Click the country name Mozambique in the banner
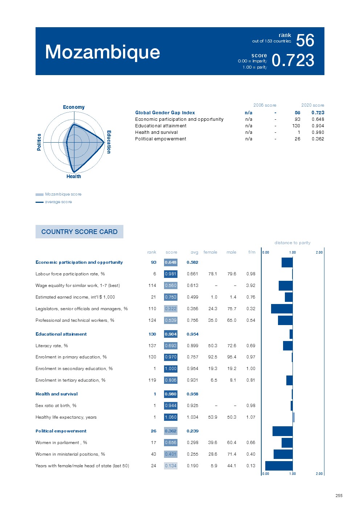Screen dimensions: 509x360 click(x=102, y=52)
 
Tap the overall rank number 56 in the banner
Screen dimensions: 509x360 click(x=305, y=40)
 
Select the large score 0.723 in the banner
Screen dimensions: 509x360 click(x=292, y=60)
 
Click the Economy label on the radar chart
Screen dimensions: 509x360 click(x=74, y=107)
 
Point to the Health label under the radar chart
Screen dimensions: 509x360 click(x=74, y=176)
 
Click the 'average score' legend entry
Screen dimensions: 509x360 click(x=58, y=202)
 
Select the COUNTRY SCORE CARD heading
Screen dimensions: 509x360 click(x=79, y=231)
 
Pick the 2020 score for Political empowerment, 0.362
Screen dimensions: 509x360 click(x=318, y=139)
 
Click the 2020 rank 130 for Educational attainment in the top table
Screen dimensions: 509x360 click(x=296, y=126)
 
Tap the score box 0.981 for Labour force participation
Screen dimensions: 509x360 click(x=171, y=274)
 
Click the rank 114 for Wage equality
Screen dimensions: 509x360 click(x=152, y=286)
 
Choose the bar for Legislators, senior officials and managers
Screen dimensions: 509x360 click(x=282, y=309)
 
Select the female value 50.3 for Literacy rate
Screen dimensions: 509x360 click(x=213, y=346)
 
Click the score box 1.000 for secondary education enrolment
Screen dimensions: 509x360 click(x=171, y=369)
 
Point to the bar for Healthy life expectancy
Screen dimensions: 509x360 click(x=294, y=417)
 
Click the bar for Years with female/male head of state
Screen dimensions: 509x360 click(x=279, y=466)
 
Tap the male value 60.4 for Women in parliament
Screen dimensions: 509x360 click(x=232, y=443)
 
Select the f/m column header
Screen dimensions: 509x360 click(x=251, y=252)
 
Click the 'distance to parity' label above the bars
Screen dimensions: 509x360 click(x=292, y=243)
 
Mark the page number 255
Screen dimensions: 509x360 click(x=339, y=496)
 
